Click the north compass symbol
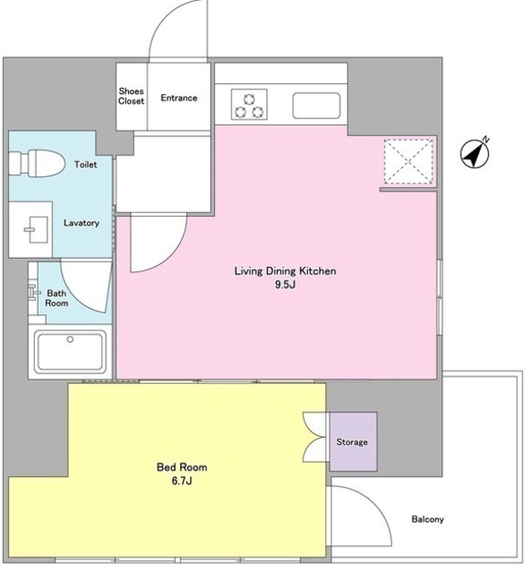coord(475,154)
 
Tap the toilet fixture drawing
coord(37,163)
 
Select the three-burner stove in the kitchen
coord(249,105)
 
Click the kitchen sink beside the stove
coord(316,106)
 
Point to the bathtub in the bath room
coord(70,351)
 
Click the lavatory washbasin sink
coord(36,230)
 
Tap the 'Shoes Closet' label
coord(132,96)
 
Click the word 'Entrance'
coord(179,98)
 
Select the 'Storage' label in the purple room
coord(352,442)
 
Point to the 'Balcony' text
coord(428,519)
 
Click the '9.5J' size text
coord(286,285)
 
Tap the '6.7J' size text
coord(182,481)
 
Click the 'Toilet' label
coord(86,165)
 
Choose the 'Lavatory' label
coord(81,223)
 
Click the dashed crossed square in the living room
coord(408,161)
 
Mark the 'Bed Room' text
coord(182,467)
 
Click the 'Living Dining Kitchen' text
coord(285,271)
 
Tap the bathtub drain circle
coord(70,339)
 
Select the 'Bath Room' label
coord(56,298)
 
